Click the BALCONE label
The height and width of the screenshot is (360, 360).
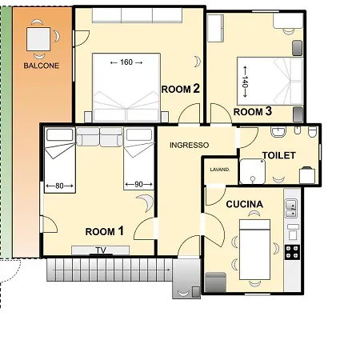[x=42, y=66]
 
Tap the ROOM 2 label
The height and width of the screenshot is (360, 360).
[x=181, y=89]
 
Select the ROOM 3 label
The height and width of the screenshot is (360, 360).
[x=253, y=111]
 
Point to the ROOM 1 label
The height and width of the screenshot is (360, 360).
[x=105, y=231]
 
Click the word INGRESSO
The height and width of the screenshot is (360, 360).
[x=190, y=145]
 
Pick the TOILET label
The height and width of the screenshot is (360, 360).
[x=279, y=155]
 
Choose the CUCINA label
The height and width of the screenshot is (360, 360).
[x=245, y=204]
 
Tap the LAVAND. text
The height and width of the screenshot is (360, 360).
[x=220, y=170]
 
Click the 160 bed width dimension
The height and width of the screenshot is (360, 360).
[x=126, y=62]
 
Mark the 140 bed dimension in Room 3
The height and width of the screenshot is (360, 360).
[x=245, y=82]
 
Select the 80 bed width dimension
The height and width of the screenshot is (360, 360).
[x=59, y=186]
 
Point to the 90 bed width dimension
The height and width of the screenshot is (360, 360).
[x=138, y=184]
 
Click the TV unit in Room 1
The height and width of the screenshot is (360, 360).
[x=101, y=250]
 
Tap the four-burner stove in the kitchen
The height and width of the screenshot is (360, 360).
[x=292, y=252]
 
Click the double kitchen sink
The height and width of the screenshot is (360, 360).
[x=291, y=208]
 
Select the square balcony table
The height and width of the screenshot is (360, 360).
[x=38, y=39]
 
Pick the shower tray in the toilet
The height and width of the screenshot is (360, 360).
[x=253, y=171]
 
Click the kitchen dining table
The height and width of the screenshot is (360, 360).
[x=255, y=250]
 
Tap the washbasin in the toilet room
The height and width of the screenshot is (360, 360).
[x=278, y=131]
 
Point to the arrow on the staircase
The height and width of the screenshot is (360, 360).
[x=112, y=270]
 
